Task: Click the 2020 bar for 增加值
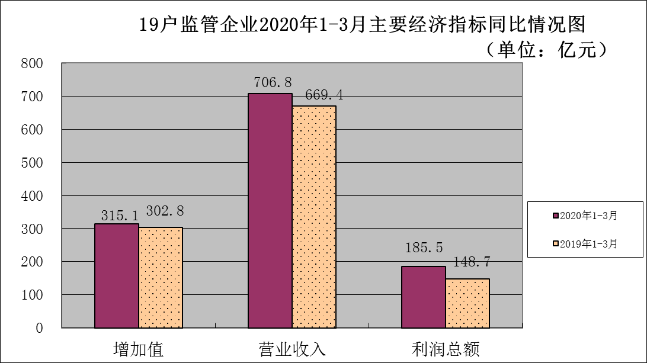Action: tap(117, 275)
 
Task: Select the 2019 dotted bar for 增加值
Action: tap(161, 277)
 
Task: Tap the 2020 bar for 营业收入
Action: tap(270, 210)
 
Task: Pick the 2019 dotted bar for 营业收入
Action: tap(314, 216)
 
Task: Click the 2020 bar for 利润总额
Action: tap(424, 297)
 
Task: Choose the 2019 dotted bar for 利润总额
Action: tap(467, 303)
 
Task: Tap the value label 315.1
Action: tap(115, 213)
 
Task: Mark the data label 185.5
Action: tap(422, 248)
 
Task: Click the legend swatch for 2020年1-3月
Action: tap(556, 216)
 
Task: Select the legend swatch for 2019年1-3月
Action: tap(556, 243)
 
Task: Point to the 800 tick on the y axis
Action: tap(33, 63)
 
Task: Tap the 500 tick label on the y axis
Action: tap(33, 162)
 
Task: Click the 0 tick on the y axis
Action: tap(40, 327)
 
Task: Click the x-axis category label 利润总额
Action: tap(446, 348)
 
